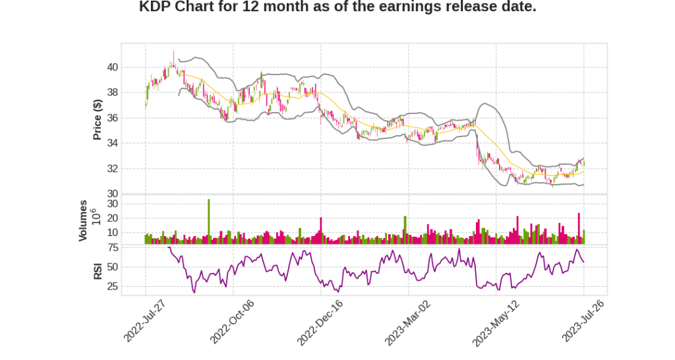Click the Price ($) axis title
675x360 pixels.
pyautogui.click(x=98, y=119)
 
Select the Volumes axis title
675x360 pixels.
pyautogui.click(x=83, y=220)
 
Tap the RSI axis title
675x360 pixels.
pyautogui.click(x=98, y=270)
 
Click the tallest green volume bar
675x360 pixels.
pyautogui.click(x=208, y=222)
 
